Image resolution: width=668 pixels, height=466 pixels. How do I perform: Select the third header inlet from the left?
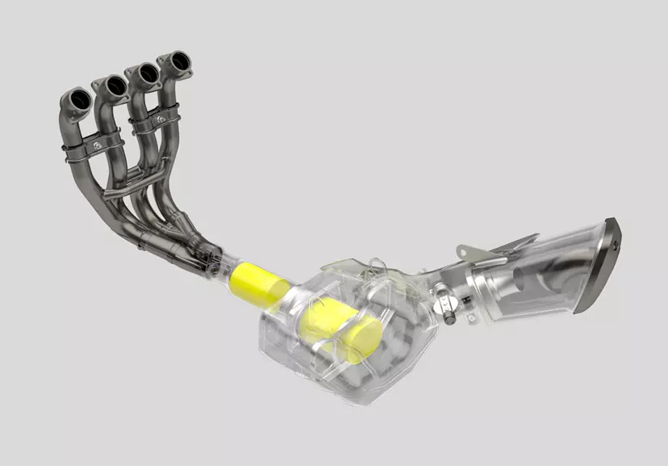click(x=146, y=73)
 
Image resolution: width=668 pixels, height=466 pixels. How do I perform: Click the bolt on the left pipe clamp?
click(x=97, y=146)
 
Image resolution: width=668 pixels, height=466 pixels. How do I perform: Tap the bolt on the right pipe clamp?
click(x=161, y=119)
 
